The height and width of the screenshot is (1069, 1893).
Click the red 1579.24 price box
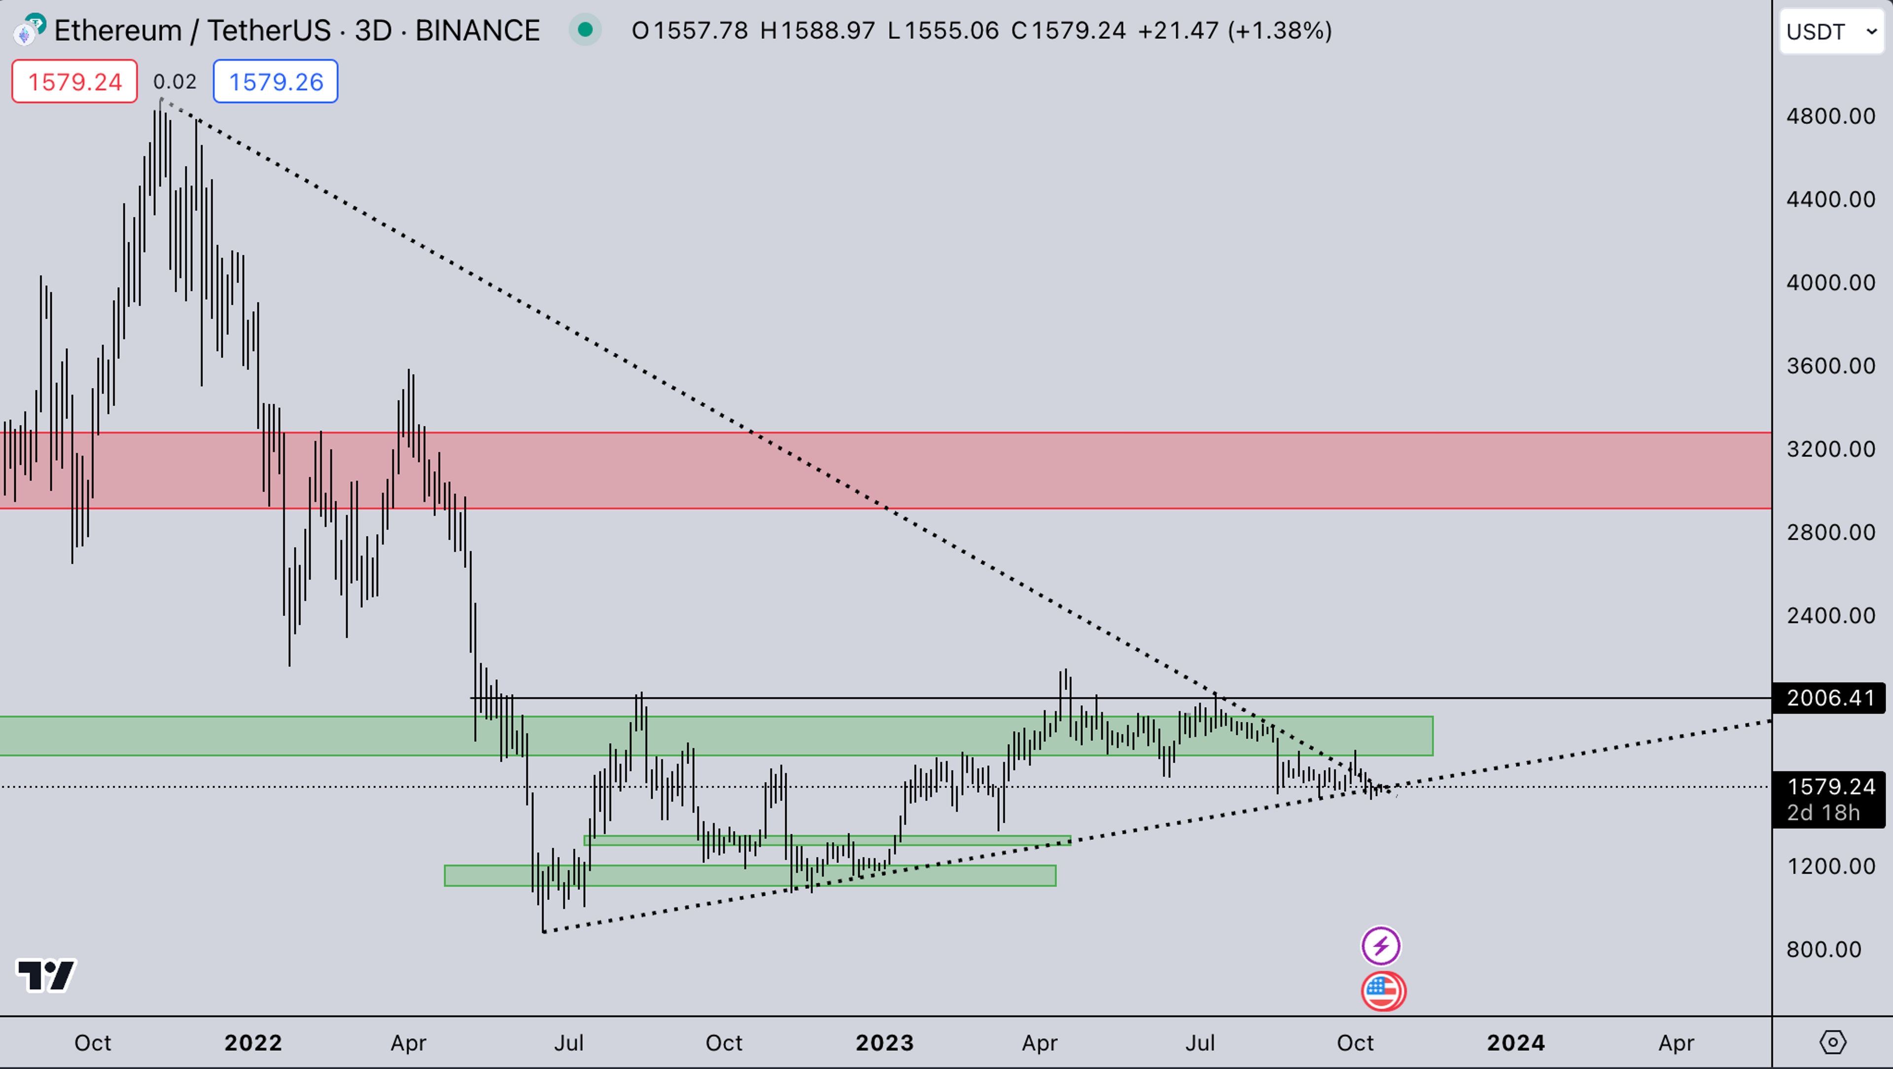click(x=74, y=81)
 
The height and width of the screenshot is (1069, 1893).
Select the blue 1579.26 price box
click(x=276, y=81)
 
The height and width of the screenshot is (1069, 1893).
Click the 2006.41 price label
click(x=1829, y=698)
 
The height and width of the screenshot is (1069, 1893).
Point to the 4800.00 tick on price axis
click(x=1830, y=116)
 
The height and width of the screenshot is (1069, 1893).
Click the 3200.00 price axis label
click(x=1830, y=449)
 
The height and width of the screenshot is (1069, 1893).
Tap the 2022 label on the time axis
click(x=253, y=1042)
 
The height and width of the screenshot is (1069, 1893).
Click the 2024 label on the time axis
click(x=1515, y=1042)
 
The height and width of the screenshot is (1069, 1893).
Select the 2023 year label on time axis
click(x=884, y=1042)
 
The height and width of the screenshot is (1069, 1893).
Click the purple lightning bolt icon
click(x=1381, y=946)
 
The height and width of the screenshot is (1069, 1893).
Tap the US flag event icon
click(x=1383, y=991)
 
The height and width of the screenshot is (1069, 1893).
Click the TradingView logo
click(x=45, y=976)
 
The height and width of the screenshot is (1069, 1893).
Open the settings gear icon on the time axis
click(x=1832, y=1042)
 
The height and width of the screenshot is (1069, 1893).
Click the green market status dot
click(x=585, y=30)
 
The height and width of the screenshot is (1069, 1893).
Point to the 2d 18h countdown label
click(x=1823, y=812)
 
